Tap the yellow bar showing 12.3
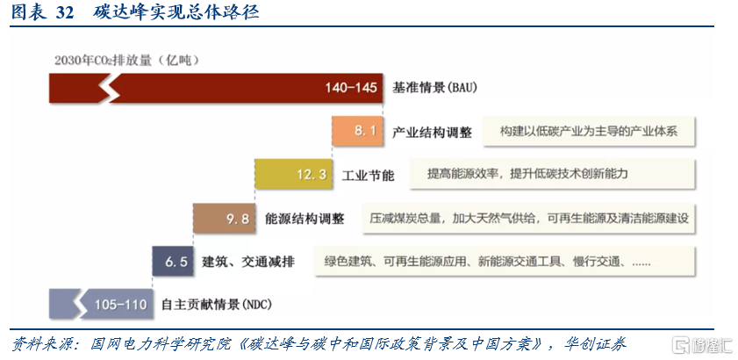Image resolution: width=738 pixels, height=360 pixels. point(294,175)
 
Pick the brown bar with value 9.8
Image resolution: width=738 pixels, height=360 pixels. point(224,218)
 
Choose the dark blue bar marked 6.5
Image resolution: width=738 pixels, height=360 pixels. point(173,261)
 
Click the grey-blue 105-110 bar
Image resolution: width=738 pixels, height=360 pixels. point(101,305)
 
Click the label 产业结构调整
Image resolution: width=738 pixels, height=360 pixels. point(432,133)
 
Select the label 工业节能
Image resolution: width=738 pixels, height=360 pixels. point(368,176)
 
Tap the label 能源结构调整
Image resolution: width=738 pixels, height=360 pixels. point(305,220)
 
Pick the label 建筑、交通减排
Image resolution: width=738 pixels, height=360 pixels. point(248,262)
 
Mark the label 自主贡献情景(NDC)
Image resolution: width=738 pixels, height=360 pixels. point(217,305)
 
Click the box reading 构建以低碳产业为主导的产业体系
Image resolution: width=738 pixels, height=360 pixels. point(589,131)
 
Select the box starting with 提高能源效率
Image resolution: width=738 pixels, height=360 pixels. point(553,175)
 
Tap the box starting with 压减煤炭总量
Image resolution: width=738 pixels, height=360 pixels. point(528,218)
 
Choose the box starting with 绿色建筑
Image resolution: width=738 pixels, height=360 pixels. point(505,262)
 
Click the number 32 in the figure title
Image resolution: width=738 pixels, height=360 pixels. point(65,13)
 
